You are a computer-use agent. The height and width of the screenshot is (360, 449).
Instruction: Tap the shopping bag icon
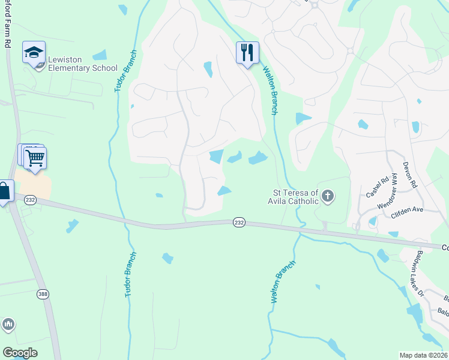(4, 192)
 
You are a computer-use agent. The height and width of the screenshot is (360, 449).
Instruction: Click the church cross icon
(328, 196)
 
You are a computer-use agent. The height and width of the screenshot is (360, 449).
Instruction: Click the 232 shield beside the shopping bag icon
(30, 199)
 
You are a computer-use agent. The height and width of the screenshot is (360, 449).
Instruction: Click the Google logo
(20, 353)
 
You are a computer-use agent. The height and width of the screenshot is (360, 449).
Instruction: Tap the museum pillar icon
(8, 325)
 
